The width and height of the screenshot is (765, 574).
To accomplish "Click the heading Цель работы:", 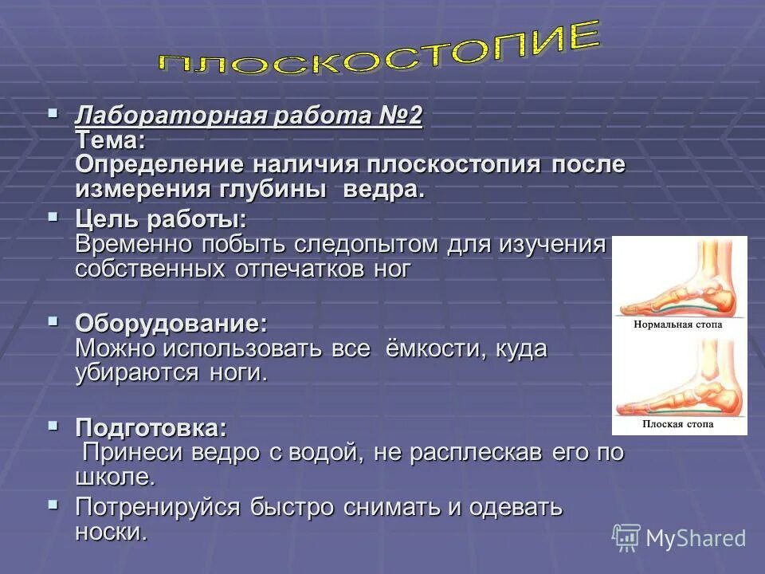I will pos(160,219).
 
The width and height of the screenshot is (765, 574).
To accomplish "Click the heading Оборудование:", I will pos(171,324).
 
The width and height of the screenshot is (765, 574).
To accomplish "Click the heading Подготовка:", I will pos(151,427).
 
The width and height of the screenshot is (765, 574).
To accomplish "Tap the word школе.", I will pos(114,478).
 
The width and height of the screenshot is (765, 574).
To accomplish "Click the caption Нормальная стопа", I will pos(679,325).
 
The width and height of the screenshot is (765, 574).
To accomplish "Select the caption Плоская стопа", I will pos(679,424).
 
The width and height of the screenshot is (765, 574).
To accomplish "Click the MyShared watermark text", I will pos(695,538).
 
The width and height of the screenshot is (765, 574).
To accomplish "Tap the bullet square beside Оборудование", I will pos(53,320).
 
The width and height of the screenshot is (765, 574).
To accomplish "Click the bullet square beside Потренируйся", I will pos(53,504).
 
